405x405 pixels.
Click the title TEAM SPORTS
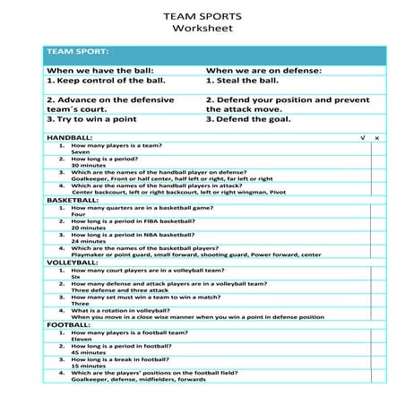click(x=202, y=15)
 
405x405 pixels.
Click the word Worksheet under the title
click(x=202, y=29)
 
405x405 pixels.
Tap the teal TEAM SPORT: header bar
click(x=215, y=52)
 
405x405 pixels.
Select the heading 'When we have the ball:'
click(x=100, y=70)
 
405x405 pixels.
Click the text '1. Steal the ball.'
click(x=242, y=81)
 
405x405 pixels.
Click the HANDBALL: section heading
click(x=69, y=138)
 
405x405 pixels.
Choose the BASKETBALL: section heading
click(x=73, y=200)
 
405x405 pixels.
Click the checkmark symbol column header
click(x=362, y=138)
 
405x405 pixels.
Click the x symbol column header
click(x=377, y=138)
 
